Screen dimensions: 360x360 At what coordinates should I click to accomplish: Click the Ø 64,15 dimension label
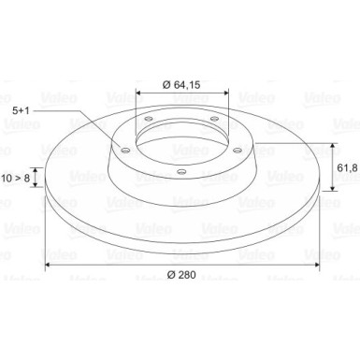tap(181, 84)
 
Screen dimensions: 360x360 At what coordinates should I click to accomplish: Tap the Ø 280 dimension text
tap(181, 275)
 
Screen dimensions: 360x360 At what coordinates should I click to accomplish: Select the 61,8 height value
tap(347, 167)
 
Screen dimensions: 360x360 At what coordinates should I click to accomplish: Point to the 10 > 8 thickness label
tap(15, 179)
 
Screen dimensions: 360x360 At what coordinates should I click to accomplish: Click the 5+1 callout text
tap(21, 110)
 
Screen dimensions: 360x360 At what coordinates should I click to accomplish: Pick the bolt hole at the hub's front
tap(181, 171)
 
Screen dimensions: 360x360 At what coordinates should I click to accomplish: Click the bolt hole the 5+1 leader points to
tap(125, 151)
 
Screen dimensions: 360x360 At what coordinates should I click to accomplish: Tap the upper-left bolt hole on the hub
tap(149, 119)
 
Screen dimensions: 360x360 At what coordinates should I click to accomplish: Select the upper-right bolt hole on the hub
tap(214, 119)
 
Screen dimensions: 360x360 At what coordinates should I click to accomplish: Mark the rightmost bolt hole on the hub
tap(238, 151)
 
